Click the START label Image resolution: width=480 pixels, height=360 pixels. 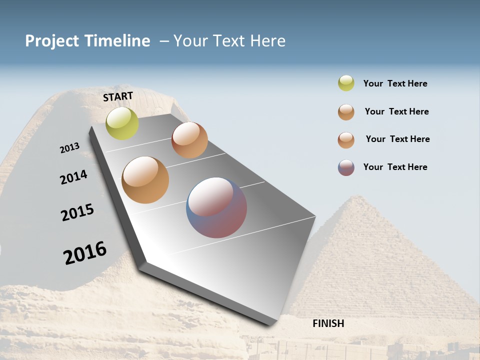tap(118, 96)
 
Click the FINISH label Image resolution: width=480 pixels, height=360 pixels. tap(328, 323)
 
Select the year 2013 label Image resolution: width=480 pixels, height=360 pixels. tap(69, 148)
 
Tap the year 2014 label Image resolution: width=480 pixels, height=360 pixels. tap(73, 177)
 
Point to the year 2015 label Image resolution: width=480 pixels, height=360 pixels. tap(77, 212)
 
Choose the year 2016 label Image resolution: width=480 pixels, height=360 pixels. tap(85, 252)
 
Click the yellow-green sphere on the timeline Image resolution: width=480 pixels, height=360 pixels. tap(122, 123)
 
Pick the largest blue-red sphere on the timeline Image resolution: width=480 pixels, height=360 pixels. tap(216, 207)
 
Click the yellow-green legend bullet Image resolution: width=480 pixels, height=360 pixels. tap(346, 83)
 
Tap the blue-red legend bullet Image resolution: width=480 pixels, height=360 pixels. tap(346, 167)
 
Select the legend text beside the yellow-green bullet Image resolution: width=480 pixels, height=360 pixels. tap(395, 84)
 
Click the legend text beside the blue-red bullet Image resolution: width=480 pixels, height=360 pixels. tap(395, 167)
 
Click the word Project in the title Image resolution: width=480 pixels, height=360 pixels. tap(52, 41)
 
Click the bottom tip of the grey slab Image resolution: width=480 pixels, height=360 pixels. tap(270, 324)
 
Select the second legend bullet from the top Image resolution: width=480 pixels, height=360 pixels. tap(346, 112)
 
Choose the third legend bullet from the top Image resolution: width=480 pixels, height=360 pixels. tap(346, 140)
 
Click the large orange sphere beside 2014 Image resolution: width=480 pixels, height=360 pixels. tap(145, 180)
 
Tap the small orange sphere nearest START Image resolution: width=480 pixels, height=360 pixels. tap(189, 140)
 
